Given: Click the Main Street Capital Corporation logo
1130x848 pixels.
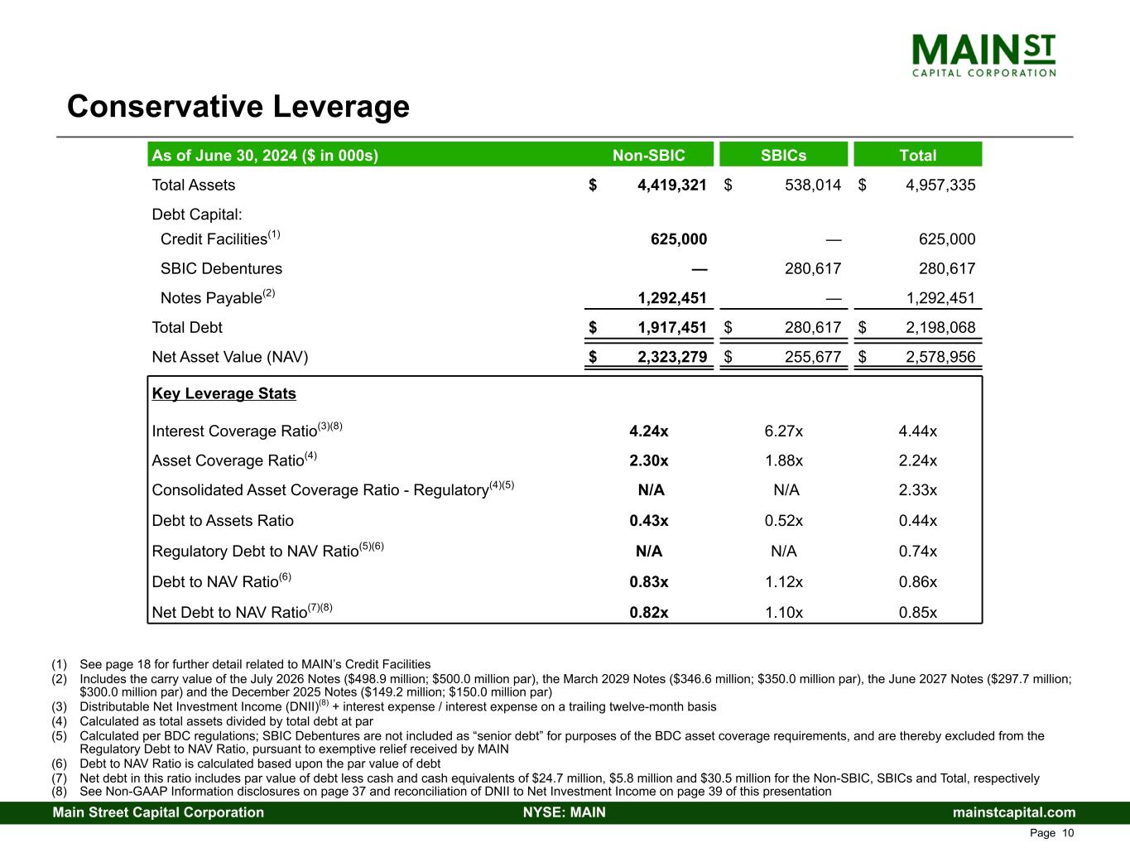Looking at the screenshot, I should click(x=983, y=55).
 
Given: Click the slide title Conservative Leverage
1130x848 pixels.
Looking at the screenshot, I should click(x=238, y=107).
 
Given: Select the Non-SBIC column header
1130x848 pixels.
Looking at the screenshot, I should click(x=648, y=155).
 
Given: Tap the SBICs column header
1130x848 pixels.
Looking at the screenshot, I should click(x=783, y=155).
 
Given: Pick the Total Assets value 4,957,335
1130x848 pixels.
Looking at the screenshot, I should click(x=940, y=185).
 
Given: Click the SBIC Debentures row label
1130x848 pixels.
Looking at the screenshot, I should click(x=221, y=268).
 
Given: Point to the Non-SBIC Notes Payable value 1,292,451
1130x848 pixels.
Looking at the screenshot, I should click(x=671, y=298).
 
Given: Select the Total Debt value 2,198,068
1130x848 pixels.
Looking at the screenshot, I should click(x=940, y=327).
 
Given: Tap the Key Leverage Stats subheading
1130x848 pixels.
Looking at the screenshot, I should click(x=224, y=393).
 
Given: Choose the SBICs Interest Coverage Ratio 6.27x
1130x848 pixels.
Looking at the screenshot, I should click(x=783, y=431).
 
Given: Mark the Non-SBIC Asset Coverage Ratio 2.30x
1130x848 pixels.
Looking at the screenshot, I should click(x=649, y=460).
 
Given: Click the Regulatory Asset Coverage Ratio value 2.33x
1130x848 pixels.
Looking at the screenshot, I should click(x=917, y=490).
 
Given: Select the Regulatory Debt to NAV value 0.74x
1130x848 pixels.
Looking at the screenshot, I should click(x=917, y=551).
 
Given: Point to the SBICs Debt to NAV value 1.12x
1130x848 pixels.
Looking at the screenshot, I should click(x=783, y=581).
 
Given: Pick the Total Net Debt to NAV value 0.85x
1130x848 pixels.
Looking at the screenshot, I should click(x=917, y=612).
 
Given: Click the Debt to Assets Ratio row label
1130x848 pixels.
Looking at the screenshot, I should click(x=223, y=521).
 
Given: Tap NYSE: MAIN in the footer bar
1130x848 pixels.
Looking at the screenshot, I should click(x=565, y=812).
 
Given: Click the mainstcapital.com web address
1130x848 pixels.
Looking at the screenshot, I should click(x=1014, y=812).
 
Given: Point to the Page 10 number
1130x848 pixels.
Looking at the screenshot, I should click(x=1051, y=833).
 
